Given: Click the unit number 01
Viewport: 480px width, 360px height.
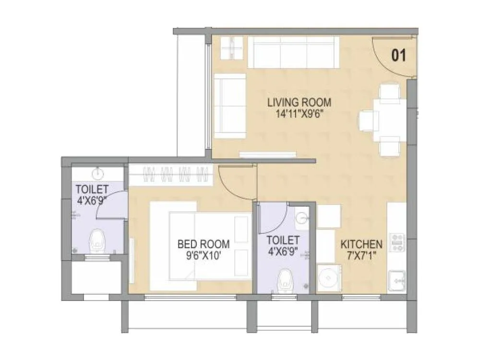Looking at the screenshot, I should pyautogui.click(x=399, y=56).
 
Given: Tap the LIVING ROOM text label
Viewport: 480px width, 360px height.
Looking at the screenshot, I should pyautogui.click(x=299, y=102).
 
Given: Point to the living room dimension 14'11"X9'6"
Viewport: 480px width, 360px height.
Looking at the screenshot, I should pyautogui.click(x=299, y=114).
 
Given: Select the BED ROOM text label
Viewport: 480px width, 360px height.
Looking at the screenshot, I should pyautogui.click(x=204, y=244).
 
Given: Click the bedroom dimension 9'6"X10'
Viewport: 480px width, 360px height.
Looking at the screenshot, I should pyautogui.click(x=204, y=255).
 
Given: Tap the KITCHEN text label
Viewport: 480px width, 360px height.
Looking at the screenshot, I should pyautogui.click(x=361, y=244).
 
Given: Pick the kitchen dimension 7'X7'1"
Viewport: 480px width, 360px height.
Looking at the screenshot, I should pyautogui.click(x=361, y=255).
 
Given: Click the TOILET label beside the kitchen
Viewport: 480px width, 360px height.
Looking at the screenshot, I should pyautogui.click(x=283, y=240).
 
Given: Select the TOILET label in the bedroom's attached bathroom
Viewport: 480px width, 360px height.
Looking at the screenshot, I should pyautogui.click(x=92, y=189).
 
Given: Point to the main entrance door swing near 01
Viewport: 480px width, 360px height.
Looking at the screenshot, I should pyautogui.click(x=391, y=55).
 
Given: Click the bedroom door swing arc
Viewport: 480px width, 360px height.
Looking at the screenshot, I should pyautogui.click(x=235, y=182).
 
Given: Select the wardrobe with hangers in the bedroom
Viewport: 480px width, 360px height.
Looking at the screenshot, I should pyautogui.click(x=171, y=174).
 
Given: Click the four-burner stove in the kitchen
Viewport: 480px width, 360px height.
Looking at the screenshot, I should pyautogui.click(x=397, y=242).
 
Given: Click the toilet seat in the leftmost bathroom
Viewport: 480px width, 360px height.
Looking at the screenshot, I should pyautogui.click(x=97, y=240).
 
